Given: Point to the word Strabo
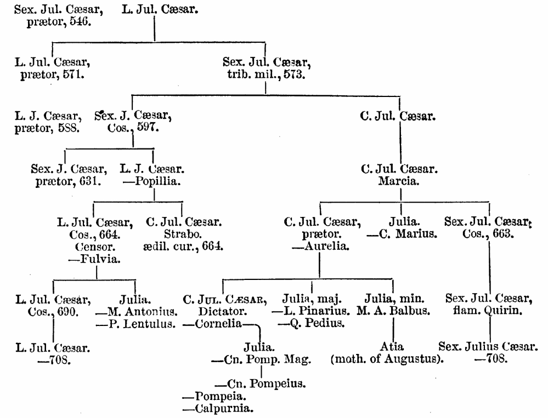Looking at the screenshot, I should (184, 234).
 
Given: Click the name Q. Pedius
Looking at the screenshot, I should (312, 324).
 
